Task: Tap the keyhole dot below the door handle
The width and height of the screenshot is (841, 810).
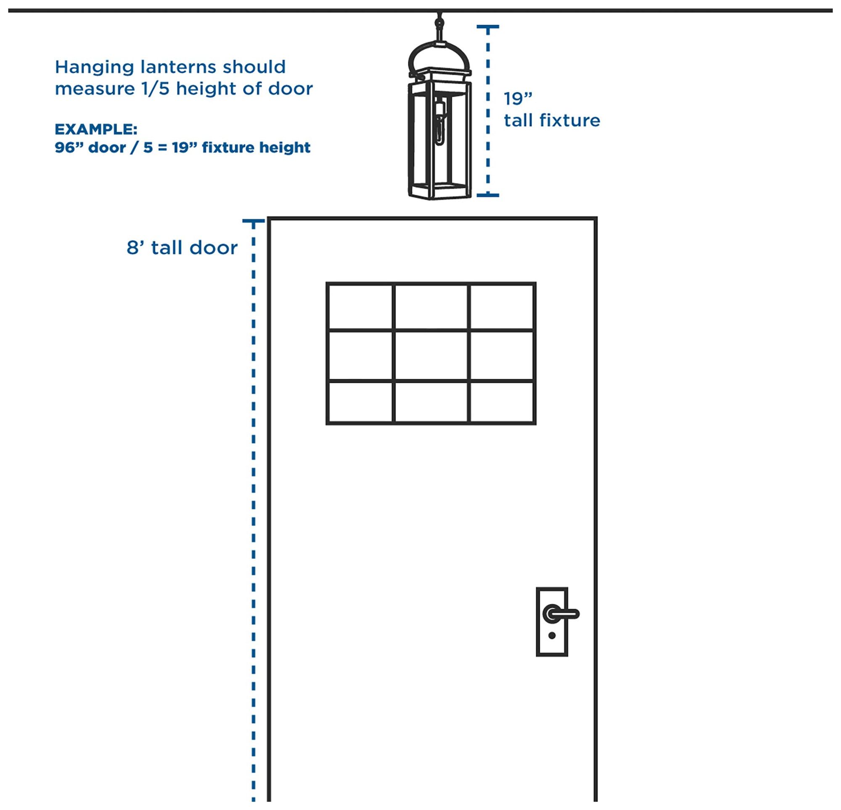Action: coord(552,636)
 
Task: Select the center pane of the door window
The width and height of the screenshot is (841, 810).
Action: coord(431,355)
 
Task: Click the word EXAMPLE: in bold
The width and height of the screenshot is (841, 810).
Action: coord(96,129)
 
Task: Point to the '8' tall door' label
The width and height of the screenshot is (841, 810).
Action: coord(182,247)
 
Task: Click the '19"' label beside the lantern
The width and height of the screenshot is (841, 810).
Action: coord(518,99)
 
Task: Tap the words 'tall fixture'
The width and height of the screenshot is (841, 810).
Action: coord(552,121)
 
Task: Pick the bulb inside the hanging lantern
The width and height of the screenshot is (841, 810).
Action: coord(439,124)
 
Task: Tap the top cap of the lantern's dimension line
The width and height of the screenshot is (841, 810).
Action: coord(488,26)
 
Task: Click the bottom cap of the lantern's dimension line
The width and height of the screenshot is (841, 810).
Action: coord(488,195)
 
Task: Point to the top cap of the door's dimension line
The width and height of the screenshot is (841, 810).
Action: coord(253,221)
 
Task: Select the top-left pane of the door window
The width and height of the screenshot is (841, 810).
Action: coord(360,307)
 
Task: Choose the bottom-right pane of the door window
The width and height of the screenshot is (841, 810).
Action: coord(502,402)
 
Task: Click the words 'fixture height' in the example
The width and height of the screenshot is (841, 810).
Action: coord(256,147)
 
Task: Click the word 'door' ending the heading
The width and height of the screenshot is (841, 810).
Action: coord(291,89)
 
